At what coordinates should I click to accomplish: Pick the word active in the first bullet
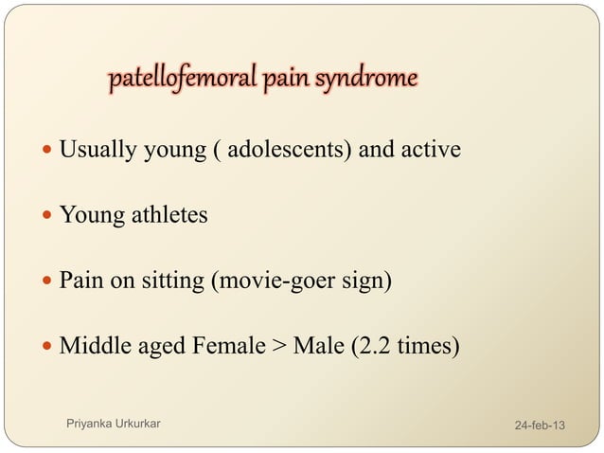point(430,150)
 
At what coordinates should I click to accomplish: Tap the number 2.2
point(370,346)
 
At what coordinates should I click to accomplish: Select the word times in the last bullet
point(424,346)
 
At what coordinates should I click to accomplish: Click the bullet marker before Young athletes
point(49,216)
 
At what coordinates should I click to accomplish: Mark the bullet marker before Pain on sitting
point(49,282)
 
